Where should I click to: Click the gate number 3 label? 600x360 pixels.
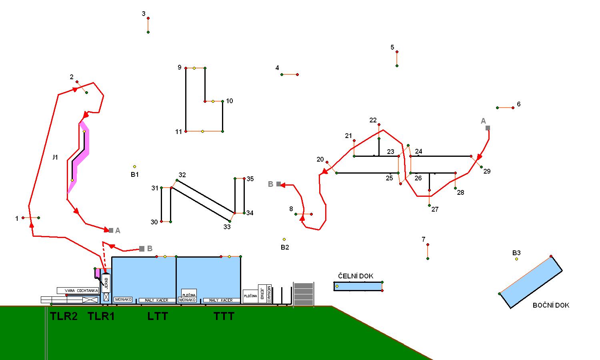(x=144, y=14)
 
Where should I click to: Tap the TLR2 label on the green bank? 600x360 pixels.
(x=64, y=316)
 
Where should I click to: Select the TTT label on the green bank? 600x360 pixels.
(x=224, y=316)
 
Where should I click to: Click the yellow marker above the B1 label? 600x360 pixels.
(x=134, y=166)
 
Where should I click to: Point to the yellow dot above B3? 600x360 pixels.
(x=516, y=259)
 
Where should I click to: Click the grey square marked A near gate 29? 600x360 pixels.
(x=488, y=128)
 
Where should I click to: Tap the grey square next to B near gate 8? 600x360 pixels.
(x=278, y=184)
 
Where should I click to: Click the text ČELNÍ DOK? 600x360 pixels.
(x=356, y=276)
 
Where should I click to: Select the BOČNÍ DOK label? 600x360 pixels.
(x=551, y=305)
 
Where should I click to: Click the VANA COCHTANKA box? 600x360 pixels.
(x=78, y=291)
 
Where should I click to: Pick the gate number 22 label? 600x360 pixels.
(x=373, y=120)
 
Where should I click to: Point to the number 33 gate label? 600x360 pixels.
(x=227, y=227)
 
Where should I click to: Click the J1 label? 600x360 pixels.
(x=55, y=157)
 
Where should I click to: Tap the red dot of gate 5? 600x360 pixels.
(x=397, y=52)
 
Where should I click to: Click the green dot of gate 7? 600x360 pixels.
(x=428, y=258)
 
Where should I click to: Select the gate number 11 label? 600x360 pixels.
(x=178, y=132)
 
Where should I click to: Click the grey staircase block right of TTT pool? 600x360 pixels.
(x=304, y=294)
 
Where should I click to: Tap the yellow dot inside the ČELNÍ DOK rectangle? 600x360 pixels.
(x=337, y=286)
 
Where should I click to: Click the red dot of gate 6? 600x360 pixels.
(x=513, y=108)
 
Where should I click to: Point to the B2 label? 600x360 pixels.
(x=284, y=247)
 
